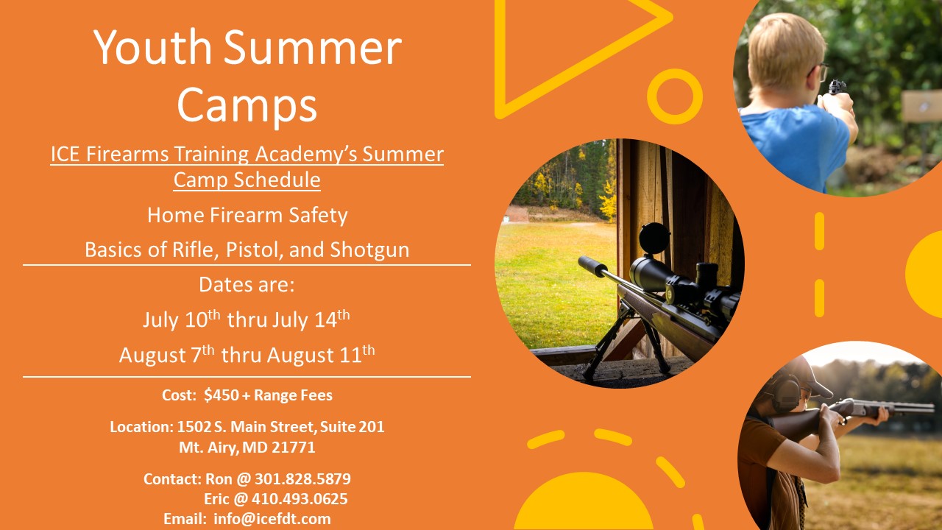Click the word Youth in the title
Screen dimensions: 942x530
coord(152,47)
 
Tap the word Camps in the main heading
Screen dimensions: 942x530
coord(247,105)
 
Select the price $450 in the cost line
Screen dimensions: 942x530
coord(222,395)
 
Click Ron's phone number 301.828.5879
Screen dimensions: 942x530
coord(302,478)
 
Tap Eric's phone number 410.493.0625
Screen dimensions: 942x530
coord(300,499)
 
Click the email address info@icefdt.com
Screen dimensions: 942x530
coord(272,519)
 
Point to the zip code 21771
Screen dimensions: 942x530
coord(294,447)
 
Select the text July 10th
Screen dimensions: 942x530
coord(181,319)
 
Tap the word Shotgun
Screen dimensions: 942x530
coord(369,250)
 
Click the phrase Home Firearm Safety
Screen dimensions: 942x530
coord(247,215)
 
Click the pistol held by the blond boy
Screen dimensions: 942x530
coord(836,87)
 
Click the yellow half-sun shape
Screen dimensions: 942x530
coord(584,503)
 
